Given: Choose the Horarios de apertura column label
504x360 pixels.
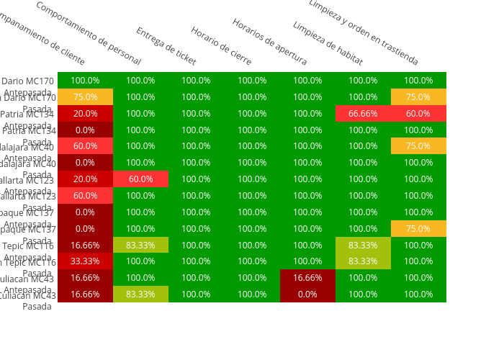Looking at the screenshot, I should pyautogui.click(x=269, y=42).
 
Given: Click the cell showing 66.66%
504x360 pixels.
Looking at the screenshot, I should pyautogui.click(x=363, y=114).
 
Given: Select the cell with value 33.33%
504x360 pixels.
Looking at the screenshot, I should pyautogui.click(x=85, y=261).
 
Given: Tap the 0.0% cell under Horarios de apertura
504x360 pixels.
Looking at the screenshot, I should pyautogui.click(x=307, y=294).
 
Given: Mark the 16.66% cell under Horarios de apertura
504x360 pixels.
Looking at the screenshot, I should pyautogui.click(x=307, y=278).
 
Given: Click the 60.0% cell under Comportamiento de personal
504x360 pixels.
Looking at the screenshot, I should pyautogui.click(x=140, y=179).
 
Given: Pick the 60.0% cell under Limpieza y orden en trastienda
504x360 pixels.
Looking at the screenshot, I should pyautogui.click(x=418, y=114).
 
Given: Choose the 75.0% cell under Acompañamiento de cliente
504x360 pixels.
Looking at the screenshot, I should pyautogui.click(x=85, y=97).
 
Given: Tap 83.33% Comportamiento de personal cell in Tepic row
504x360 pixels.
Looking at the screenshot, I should pyautogui.click(x=140, y=245).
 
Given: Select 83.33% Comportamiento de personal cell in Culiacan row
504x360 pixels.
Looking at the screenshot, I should pyautogui.click(x=140, y=294).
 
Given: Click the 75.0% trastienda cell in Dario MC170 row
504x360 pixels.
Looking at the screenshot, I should pyautogui.click(x=418, y=97).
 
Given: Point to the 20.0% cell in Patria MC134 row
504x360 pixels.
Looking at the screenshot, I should pyautogui.click(x=85, y=114).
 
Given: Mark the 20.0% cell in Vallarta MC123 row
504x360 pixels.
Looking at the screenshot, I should pyautogui.click(x=85, y=179).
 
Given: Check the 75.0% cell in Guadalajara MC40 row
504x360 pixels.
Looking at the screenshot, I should pyautogui.click(x=418, y=146).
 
